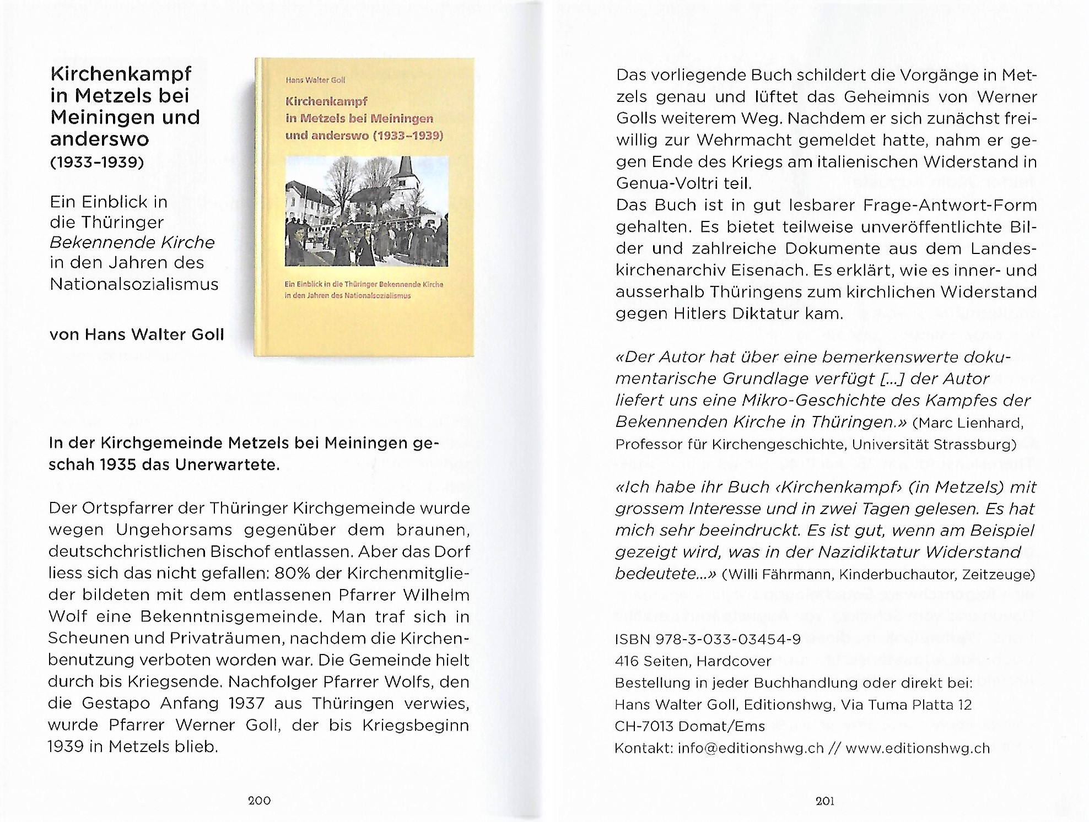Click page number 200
click(x=259, y=801)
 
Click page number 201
click(x=824, y=801)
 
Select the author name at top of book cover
click(x=315, y=80)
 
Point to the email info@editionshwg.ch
click(x=751, y=748)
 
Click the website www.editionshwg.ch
click(x=918, y=748)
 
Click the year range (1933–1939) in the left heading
click(x=97, y=163)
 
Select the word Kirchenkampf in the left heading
click(x=121, y=74)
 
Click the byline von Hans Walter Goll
click(x=137, y=334)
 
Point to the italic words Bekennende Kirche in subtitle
click(x=132, y=242)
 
